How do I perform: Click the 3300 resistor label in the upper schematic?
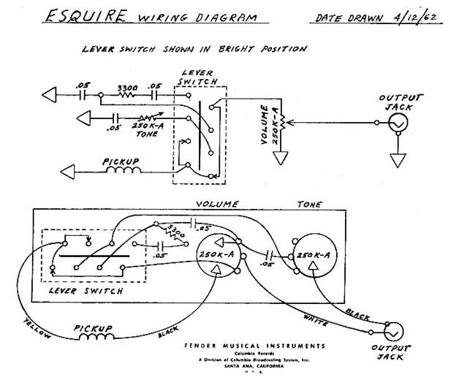[129, 85]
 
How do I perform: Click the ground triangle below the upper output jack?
[398, 161]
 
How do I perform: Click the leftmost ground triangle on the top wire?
[49, 95]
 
